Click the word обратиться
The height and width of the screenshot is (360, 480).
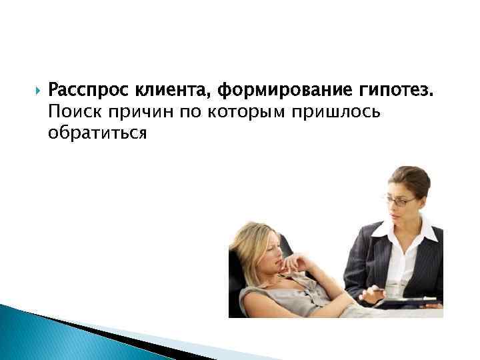97,132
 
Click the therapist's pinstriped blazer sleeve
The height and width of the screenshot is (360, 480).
357,267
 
